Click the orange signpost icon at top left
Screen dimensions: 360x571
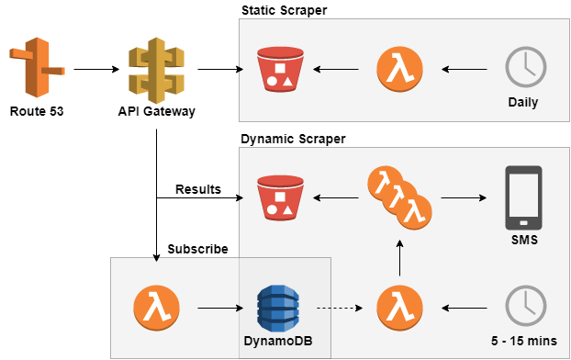coord(37,68)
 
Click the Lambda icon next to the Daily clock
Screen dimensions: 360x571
coord(400,70)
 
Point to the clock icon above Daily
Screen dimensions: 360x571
coord(526,68)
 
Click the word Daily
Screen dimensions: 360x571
coord(523,102)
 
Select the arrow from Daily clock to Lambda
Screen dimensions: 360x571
coord(465,70)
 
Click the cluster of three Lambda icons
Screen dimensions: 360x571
coord(398,197)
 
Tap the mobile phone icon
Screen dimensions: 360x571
coord(523,197)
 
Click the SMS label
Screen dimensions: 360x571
coord(523,240)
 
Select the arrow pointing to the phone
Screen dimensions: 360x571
coord(465,197)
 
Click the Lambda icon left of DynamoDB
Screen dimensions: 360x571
coord(155,307)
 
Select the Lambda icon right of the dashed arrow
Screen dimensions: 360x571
coord(399,307)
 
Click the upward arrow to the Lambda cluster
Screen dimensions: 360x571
coord(399,260)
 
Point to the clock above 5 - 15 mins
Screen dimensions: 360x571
coord(526,306)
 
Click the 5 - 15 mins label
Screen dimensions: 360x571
coord(523,341)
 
